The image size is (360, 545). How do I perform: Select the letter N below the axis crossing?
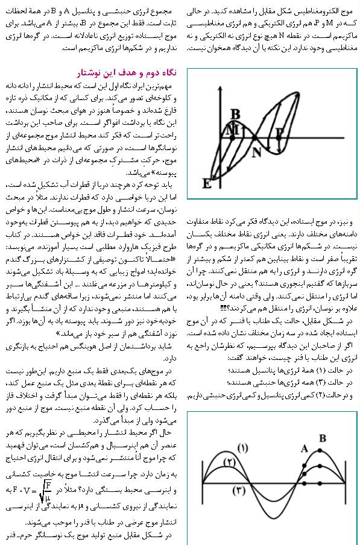[256, 151]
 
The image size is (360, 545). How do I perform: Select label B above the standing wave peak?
[323, 438]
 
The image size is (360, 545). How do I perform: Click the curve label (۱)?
[243, 448]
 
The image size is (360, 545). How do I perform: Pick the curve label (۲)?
[229, 461]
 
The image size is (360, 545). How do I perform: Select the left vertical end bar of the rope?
[204, 483]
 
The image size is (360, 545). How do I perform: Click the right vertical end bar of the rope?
[346, 483]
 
